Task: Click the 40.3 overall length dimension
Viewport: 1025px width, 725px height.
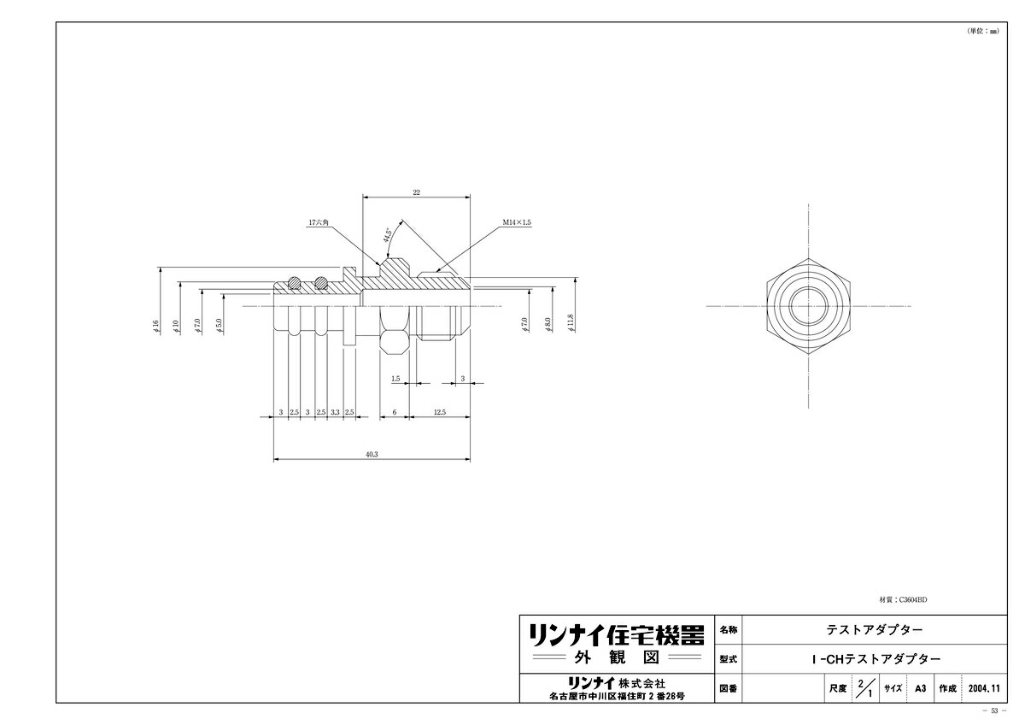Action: pyautogui.click(x=372, y=455)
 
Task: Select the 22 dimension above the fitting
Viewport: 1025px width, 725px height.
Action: pyautogui.click(x=416, y=192)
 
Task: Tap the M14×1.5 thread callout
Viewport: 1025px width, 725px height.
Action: pyautogui.click(x=517, y=221)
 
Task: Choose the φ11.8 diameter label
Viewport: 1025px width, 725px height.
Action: pyautogui.click(x=571, y=322)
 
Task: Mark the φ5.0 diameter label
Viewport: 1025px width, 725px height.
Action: pyautogui.click(x=220, y=326)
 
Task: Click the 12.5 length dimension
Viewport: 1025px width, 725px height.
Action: pyautogui.click(x=439, y=412)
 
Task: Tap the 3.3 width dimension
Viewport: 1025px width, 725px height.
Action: pyautogui.click(x=335, y=412)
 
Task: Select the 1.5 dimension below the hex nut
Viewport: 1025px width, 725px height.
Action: pyautogui.click(x=395, y=378)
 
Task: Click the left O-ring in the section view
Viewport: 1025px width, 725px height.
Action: pyautogui.click(x=293, y=281)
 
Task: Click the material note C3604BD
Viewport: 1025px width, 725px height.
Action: pyautogui.click(x=902, y=600)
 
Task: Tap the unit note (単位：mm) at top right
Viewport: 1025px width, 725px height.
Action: pyautogui.click(x=981, y=30)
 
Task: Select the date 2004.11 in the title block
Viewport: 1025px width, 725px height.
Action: pyautogui.click(x=983, y=688)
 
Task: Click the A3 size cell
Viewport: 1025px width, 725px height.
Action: pyautogui.click(x=920, y=688)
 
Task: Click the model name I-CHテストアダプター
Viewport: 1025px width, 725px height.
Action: pyautogui.click(x=875, y=659)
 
